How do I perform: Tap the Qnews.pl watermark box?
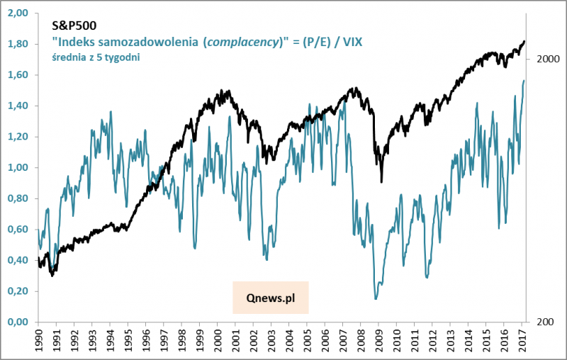click(x=271, y=298)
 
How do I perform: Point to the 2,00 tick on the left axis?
click(x=18, y=13)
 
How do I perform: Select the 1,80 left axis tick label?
click(x=18, y=44)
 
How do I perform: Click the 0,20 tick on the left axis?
click(x=18, y=291)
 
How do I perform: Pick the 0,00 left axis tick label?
click(x=18, y=322)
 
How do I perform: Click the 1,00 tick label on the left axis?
click(x=18, y=168)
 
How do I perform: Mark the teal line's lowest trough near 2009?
click(x=376, y=299)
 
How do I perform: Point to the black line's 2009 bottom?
click(x=381, y=182)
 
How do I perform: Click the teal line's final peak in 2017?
click(x=524, y=81)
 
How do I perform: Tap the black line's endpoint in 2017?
click(x=524, y=41)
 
